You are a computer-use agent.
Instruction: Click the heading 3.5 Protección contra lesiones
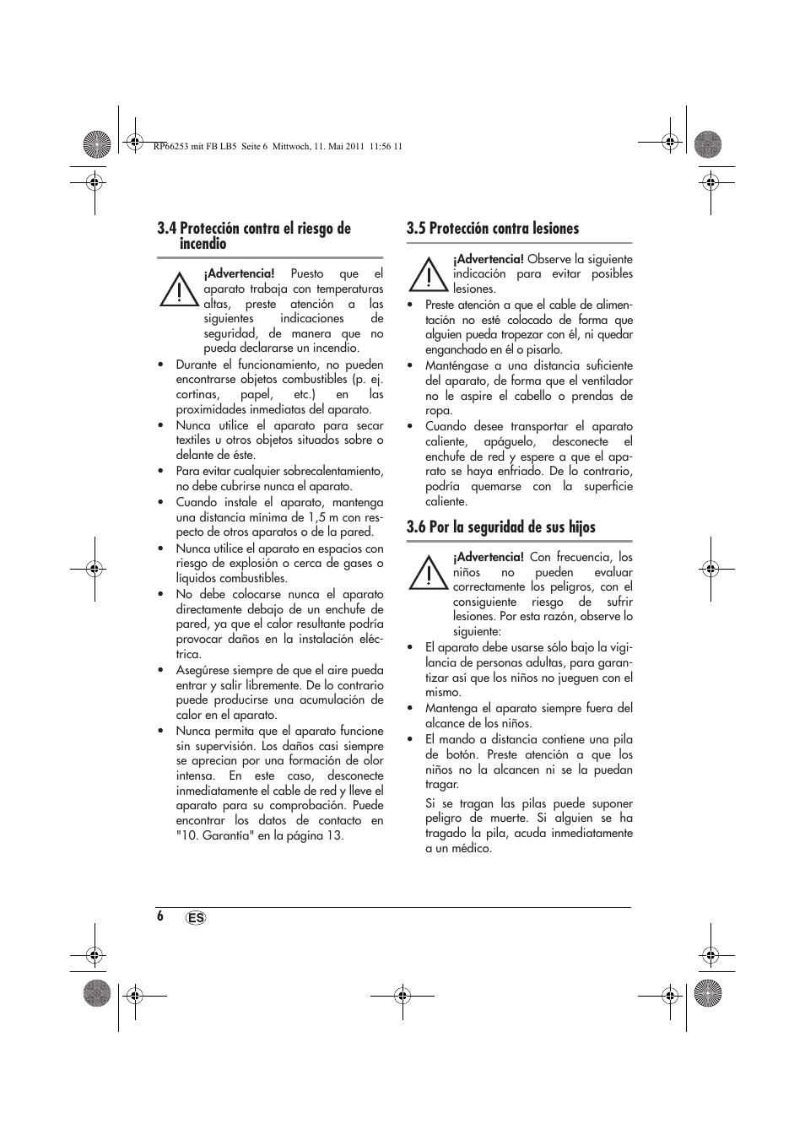pyautogui.click(x=492, y=229)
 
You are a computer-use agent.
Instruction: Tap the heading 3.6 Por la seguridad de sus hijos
pyautogui.click(x=500, y=527)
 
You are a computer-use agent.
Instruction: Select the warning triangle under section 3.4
pyautogui.click(x=177, y=289)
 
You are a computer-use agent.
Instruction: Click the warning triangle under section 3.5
pyautogui.click(x=427, y=275)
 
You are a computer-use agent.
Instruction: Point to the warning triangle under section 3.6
pyautogui.click(x=427, y=574)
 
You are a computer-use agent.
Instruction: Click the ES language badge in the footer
pyautogui.click(x=196, y=918)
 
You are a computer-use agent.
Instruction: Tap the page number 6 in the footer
pyautogui.click(x=159, y=916)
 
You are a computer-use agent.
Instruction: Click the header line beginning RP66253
pyautogui.click(x=278, y=146)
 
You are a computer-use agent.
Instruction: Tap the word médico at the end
pyautogui.click(x=471, y=849)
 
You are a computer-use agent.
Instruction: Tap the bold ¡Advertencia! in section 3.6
pyautogui.click(x=488, y=558)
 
